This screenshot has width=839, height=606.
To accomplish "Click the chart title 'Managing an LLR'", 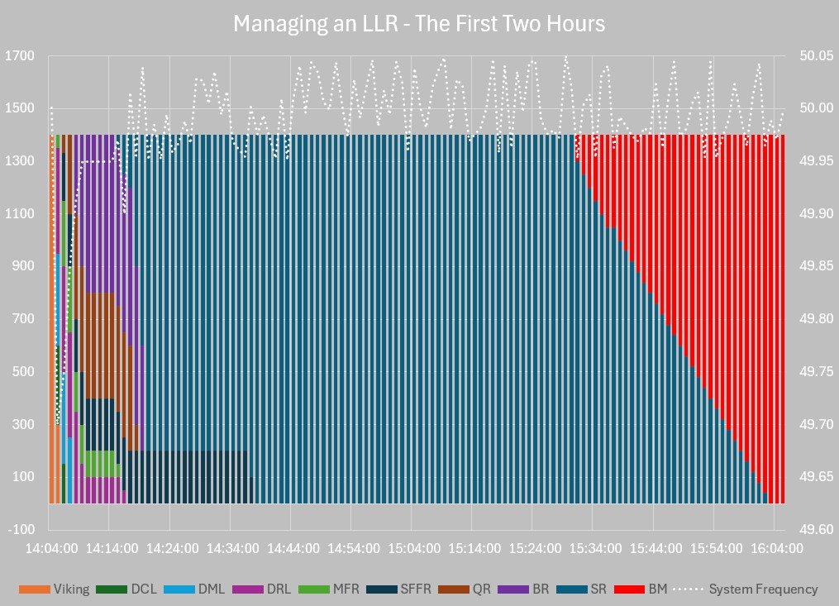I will (419, 23).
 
